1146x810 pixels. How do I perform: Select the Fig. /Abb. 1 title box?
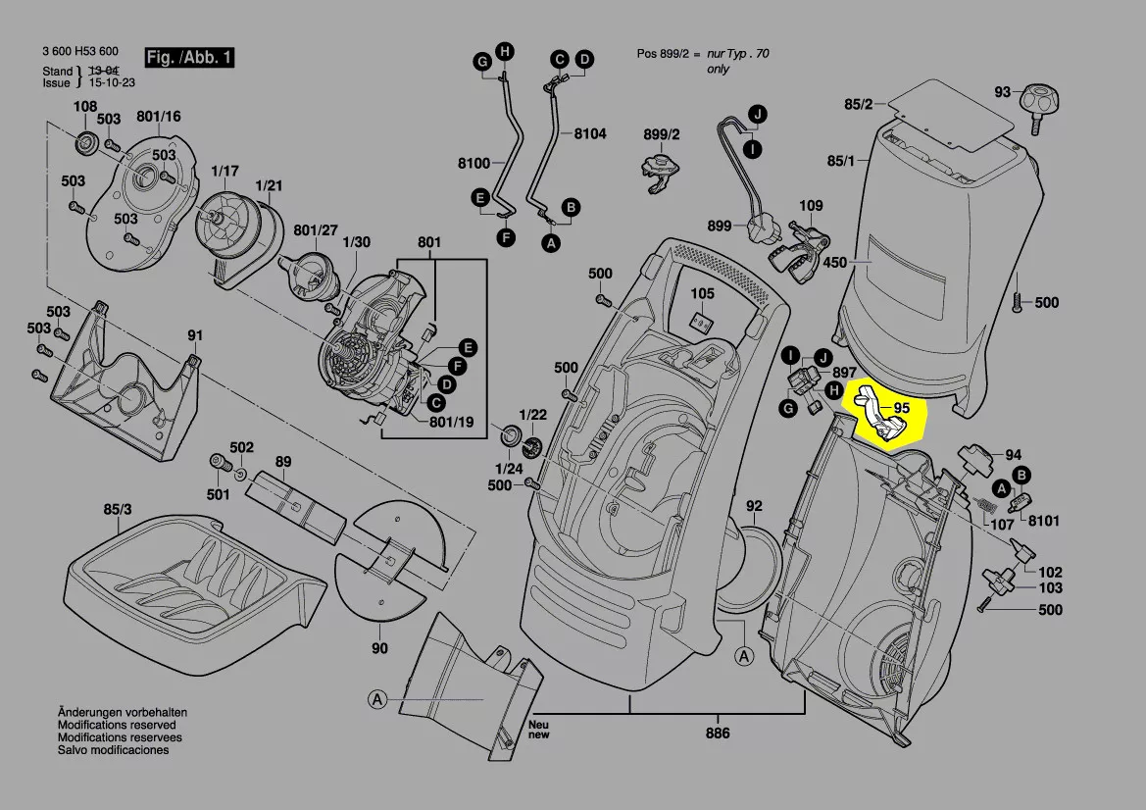click(189, 58)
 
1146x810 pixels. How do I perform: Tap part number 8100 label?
click(473, 163)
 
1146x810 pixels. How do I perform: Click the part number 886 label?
click(718, 734)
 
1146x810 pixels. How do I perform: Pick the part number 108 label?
click(85, 107)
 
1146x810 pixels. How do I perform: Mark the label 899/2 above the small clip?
click(661, 134)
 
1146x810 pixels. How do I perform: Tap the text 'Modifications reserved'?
click(119, 725)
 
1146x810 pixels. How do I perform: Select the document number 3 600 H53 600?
click(80, 52)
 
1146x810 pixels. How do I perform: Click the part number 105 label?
click(702, 293)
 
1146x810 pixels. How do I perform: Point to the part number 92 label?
click(753, 507)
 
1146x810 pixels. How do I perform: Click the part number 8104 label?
click(590, 133)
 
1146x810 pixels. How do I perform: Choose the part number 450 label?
click(834, 263)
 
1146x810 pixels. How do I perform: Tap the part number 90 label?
click(379, 648)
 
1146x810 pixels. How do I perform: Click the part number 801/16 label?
click(159, 117)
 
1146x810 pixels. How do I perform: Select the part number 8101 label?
click(1044, 522)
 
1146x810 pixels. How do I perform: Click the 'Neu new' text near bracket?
click(539, 729)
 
